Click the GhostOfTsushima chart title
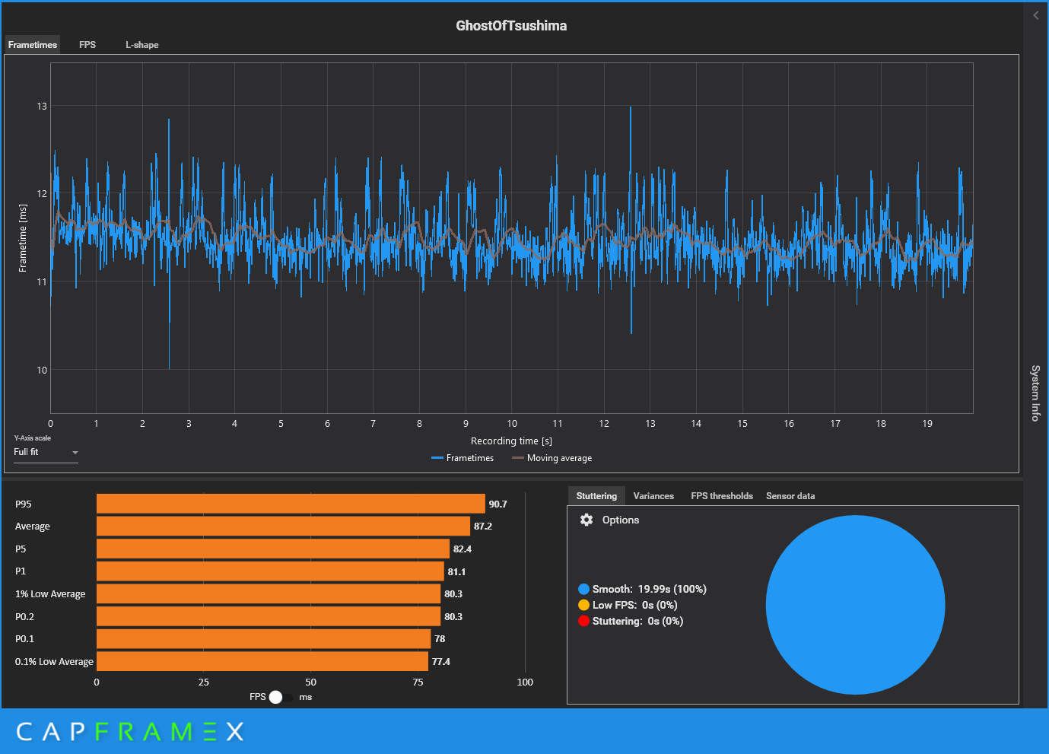click(511, 26)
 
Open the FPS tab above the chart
click(87, 44)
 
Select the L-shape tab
click(142, 45)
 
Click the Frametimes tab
click(32, 45)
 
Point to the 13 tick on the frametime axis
click(42, 107)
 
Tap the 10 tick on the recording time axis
click(512, 423)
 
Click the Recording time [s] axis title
click(511, 441)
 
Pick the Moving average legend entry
click(552, 458)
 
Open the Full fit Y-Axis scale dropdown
click(46, 453)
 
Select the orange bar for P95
click(291, 504)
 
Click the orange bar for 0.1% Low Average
click(262, 661)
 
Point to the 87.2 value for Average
click(483, 526)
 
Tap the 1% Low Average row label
click(50, 593)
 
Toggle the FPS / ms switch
click(280, 697)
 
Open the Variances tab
click(653, 496)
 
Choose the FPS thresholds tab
click(722, 496)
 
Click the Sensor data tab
click(790, 496)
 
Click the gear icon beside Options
click(586, 520)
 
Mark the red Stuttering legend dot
click(583, 621)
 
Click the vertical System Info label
click(1035, 393)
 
